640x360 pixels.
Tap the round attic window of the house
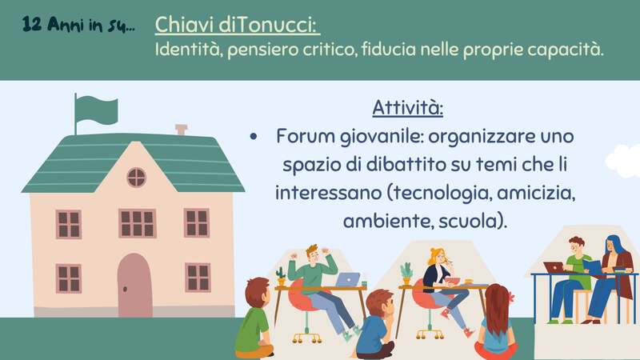pyautogui.click(x=136, y=177)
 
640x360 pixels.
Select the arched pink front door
pyautogui.click(x=134, y=285)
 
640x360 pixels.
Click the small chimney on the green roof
pyautogui.click(x=181, y=130)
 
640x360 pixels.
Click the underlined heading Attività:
pyautogui.click(x=407, y=108)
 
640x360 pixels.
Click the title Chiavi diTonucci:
pyautogui.click(x=237, y=26)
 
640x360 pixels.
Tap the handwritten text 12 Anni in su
pyautogui.click(x=78, y=26)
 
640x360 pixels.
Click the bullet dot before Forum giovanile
pyautogui.click(x=254, y=137)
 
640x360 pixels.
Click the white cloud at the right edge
pyautogui.click(x=625, y=161)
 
